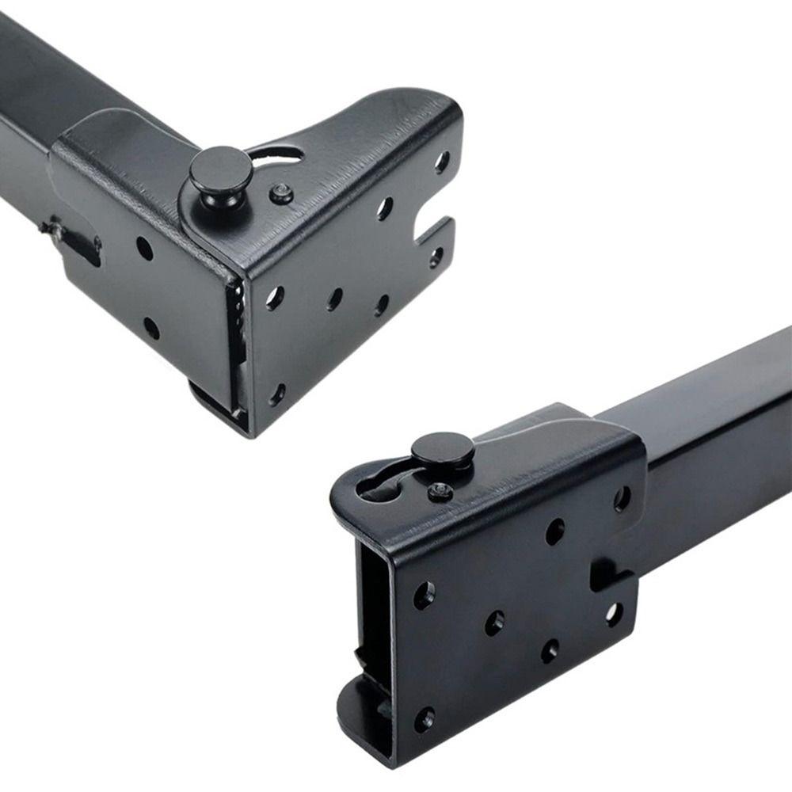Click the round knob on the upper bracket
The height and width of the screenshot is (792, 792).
[x=220, y=169]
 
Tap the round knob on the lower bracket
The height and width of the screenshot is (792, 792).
[x=443, y=449]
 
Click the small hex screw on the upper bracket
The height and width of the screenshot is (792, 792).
[x=280, y=192]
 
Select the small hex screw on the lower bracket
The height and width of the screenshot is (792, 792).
[x=440, y=492]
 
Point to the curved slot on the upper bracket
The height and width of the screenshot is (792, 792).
[x=277, y=154]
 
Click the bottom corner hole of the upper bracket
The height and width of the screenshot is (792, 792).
[x=277, y=393]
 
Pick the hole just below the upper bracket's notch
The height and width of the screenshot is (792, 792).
[x=436, y=257]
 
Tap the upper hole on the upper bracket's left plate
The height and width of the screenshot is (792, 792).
[x=144, y=248]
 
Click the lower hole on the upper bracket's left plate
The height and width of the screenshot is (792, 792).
[x=151, y=327]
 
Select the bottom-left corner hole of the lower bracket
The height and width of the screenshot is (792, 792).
[x=425, y=718]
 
